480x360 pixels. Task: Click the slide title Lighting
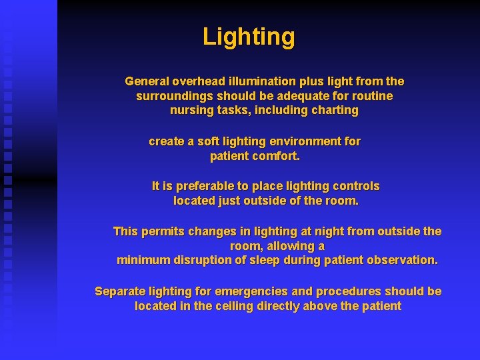coord(249,36)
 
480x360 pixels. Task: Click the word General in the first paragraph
coord(147,81)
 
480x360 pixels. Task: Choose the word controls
coord(356,186)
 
